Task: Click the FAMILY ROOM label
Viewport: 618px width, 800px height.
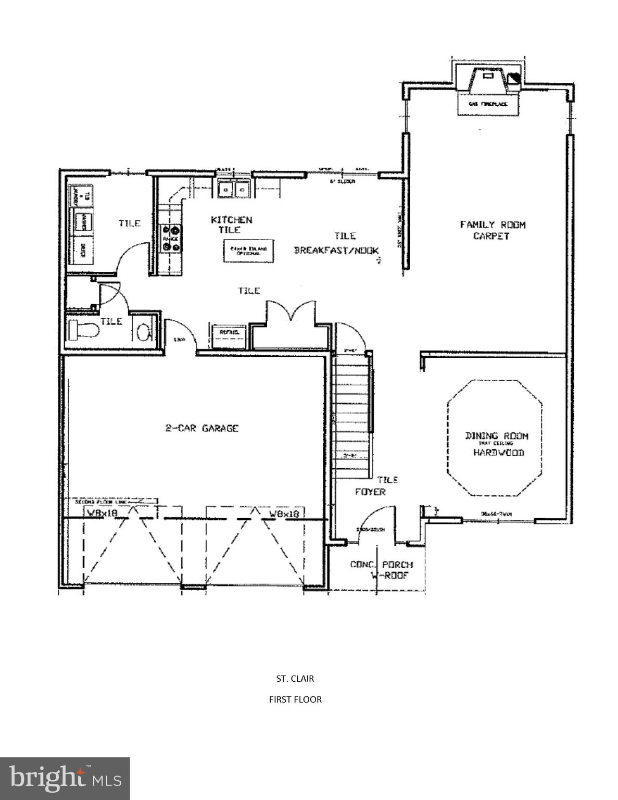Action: coord(493,224)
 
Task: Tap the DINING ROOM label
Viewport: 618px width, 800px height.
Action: coord(496,435)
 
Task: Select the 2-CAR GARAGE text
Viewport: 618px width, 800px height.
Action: coord(202,428)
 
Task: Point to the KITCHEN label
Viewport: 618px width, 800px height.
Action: coord(232,220)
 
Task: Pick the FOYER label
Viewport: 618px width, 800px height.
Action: coord(370,492)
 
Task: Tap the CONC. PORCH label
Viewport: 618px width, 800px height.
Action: coord(381,565)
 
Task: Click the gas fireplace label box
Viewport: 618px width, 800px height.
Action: coord(488,104)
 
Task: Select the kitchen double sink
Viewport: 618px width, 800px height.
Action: coord(234,189)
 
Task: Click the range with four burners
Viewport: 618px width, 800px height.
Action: coord(172,232)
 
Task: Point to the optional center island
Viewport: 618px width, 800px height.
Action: coord(249,251)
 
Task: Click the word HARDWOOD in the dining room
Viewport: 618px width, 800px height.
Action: coord(498,453)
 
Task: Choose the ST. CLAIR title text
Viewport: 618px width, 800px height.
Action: coord(295,679)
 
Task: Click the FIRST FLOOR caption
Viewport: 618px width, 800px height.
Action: coord(295,699)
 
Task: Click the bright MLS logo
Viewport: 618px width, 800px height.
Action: coord(65,778)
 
